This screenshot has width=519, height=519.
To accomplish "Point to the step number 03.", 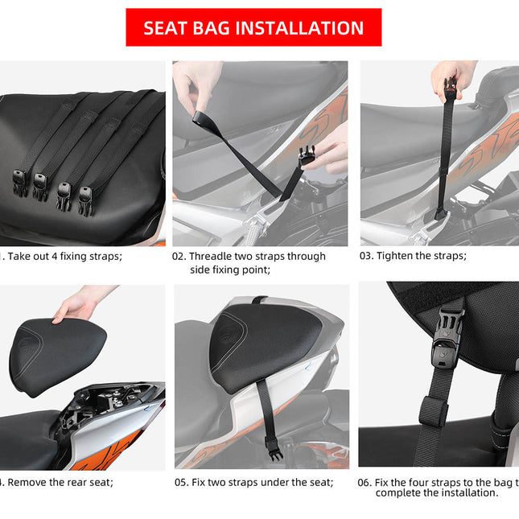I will (x=368, y=257).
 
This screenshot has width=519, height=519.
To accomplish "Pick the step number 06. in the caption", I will (x=365, y=483).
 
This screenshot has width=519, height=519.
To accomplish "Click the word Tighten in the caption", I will (x=399, y=257).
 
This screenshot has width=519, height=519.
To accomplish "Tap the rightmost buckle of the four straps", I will (x=84, y=197).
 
